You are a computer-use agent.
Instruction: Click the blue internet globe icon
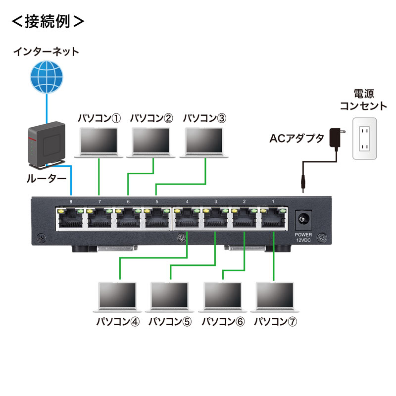click(47, 76)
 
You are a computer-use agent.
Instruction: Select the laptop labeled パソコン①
click(99, 142)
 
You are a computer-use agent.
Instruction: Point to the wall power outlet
click(364, 139)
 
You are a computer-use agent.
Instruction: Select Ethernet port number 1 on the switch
click(274, 220)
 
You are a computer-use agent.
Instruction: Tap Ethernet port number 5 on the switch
click(157, 220)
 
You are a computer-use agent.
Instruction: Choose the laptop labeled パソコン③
click(204, 142)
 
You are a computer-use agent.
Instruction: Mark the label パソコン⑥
click(223, 322)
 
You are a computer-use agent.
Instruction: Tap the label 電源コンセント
click(363, 99)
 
